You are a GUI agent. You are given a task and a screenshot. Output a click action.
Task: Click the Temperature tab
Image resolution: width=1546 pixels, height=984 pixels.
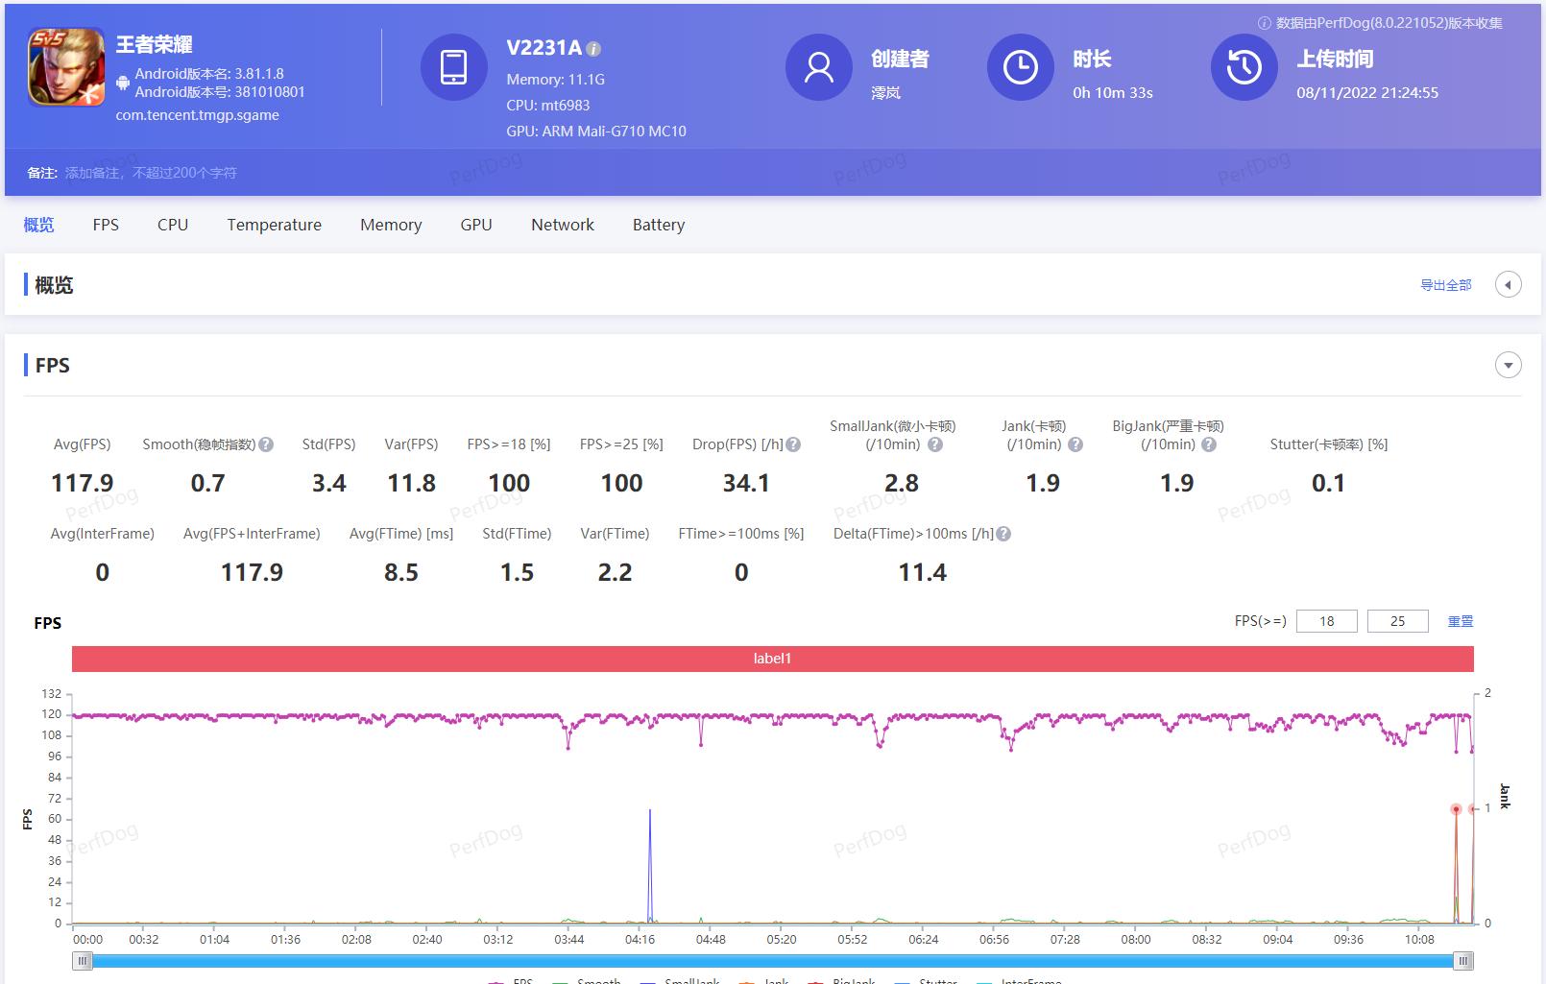tap(274, 225)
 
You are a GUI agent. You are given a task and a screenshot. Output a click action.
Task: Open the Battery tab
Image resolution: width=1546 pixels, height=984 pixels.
tap(658, 225)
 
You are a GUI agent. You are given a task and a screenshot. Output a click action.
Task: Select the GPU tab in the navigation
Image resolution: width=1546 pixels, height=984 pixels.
tap(475, 225)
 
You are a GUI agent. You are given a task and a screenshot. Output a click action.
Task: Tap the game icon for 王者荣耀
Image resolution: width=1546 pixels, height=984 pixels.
tap(66, 66)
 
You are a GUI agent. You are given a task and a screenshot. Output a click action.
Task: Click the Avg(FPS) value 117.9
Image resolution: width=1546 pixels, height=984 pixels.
tap(82, 483)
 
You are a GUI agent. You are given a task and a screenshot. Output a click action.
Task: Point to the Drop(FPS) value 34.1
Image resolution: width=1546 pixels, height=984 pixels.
tap(745, 483)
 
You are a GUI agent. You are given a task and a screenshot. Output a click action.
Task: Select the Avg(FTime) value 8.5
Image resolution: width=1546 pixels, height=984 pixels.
tap(400, 572)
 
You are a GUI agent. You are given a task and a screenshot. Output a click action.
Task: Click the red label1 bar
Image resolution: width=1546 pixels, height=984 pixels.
tap(772, 659)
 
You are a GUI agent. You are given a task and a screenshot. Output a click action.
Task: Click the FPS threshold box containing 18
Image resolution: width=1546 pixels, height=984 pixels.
tap(1326, 621)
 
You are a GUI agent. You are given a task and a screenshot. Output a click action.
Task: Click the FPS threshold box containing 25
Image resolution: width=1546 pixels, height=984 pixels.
tap(1397, 621)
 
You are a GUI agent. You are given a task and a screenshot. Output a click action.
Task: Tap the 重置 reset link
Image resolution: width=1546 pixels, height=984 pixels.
tap(1460, 621)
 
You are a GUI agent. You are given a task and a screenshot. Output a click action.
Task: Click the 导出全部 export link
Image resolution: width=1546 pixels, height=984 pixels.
tap(1445, 285)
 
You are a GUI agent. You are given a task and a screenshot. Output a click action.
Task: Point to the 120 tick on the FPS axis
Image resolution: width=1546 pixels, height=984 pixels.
tap(51, 714)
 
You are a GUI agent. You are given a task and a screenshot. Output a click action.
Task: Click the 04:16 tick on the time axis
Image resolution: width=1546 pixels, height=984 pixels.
tap(640, 939)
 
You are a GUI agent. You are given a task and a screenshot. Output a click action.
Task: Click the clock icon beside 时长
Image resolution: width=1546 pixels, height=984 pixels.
tap(1020, 67)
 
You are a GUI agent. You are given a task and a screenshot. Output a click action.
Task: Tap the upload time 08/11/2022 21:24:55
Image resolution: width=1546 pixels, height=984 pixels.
tap(1366, 93)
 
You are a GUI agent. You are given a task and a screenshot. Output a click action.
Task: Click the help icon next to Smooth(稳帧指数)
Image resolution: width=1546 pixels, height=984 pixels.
tap(266, 444)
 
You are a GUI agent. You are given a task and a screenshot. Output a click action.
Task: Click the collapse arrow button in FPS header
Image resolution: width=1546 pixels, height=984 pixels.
tap(1508, 366)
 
